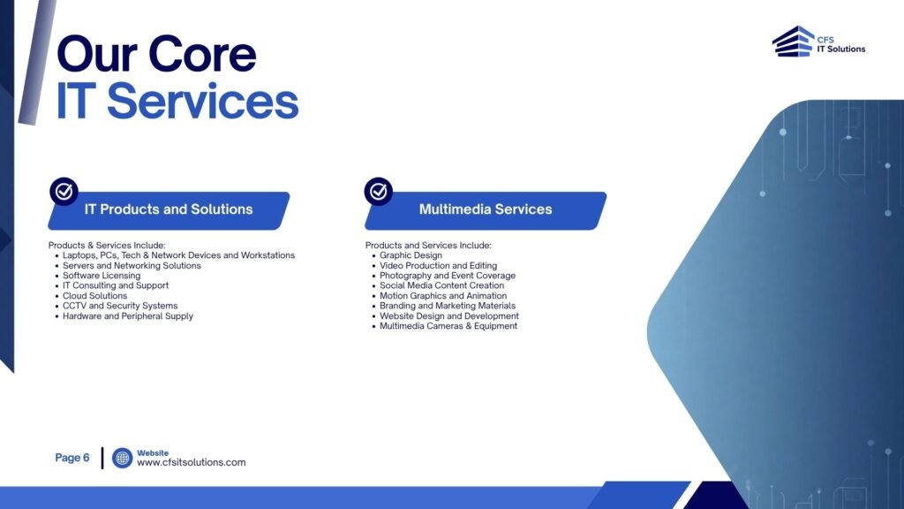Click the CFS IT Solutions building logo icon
[x=793, y=42]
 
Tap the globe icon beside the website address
[x=122, y=459]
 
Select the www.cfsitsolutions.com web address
[x=192, y=462]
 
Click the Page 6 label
[x=72, y=458]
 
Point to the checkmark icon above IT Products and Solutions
[x=64, y=191]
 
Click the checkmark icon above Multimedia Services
[x=378, y=191]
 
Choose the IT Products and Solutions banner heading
[x=169, y=209]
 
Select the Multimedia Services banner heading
[x=486, y=209]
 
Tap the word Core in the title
[x=202, y=54]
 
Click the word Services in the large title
[x=203, y=101]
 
